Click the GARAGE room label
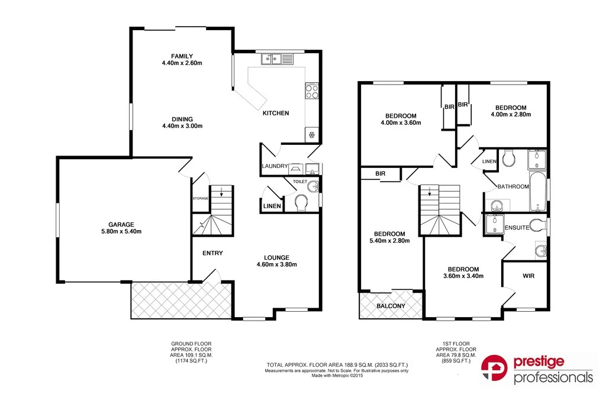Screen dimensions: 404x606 point(121,224)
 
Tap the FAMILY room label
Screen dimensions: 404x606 point(182,56)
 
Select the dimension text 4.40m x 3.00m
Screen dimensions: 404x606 point(182,126)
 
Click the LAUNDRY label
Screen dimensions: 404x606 point(275,167)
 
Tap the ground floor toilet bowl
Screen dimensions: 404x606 point(302,203)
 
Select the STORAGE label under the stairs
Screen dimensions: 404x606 point(200,198)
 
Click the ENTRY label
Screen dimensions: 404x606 point(212,253)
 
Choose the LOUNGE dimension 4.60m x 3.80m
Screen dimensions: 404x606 point(276,264)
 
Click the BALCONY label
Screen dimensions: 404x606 point(391,306)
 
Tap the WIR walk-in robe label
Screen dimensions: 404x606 point(528,276)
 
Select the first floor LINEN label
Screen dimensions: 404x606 point(489,161)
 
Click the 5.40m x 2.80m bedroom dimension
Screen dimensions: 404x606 point(389,241)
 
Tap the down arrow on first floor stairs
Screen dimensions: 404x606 point(429,192)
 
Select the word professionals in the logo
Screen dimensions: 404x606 point(553,377)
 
